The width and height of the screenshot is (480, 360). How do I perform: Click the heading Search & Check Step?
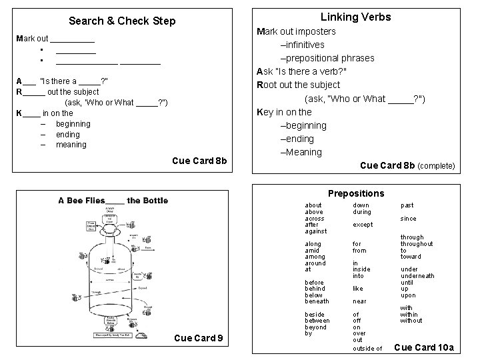coord(122,21)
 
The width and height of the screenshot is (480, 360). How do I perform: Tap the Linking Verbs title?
coord(356,17)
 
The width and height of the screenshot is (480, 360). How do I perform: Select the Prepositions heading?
coord(356,193)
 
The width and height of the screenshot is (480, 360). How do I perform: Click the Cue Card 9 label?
coord(198,338)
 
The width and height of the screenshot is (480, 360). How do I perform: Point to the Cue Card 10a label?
coord(424,347)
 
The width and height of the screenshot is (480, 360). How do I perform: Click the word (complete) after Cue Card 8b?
coord(436,165)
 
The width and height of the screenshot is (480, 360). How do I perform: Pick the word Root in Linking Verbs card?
coord(269,85)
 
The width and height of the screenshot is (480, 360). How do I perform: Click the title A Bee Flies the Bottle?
coord(113,200)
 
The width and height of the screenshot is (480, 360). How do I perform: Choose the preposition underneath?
coord(417,275)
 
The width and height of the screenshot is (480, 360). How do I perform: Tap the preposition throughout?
coord(417,244)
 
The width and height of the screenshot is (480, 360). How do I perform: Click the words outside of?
coord(367,349)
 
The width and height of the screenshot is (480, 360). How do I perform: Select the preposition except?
coord(363,225)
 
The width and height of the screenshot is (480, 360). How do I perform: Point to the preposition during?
coord(362,212)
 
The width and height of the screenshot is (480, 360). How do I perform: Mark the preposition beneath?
coord(316,301)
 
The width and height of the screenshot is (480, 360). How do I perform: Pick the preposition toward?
coord(411,257)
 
